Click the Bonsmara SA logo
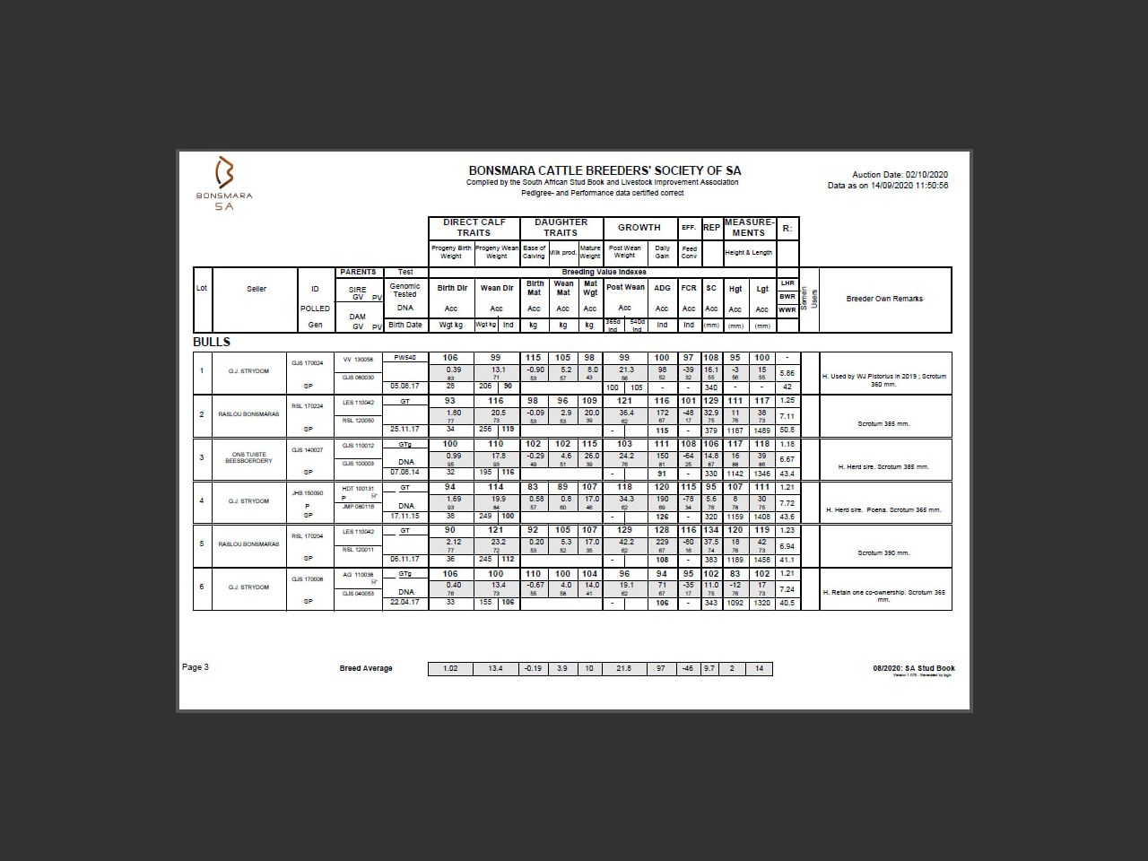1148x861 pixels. point(224,182)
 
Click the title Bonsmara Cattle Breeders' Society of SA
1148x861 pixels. point(604,170)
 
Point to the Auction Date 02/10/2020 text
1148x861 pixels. point(900,175)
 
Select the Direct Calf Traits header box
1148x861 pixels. point(474,228)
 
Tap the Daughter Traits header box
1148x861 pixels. point(561,228)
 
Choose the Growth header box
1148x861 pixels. point(639,228)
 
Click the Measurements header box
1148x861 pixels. point(748,228)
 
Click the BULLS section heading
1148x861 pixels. point(212,342)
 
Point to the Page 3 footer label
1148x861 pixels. point(196,667)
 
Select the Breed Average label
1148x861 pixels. point(366,668)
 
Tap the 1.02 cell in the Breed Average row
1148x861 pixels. point(450,668)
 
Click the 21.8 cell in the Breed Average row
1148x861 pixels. point(624,668)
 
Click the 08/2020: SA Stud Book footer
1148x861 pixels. point(914,668)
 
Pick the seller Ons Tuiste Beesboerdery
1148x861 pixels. point(249,457)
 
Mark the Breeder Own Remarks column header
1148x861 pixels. point(884,299)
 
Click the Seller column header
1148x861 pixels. point(257,289)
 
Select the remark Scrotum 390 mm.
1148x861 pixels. point(883,552)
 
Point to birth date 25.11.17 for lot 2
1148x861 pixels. point(404,429)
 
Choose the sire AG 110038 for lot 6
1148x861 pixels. point(358,574)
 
